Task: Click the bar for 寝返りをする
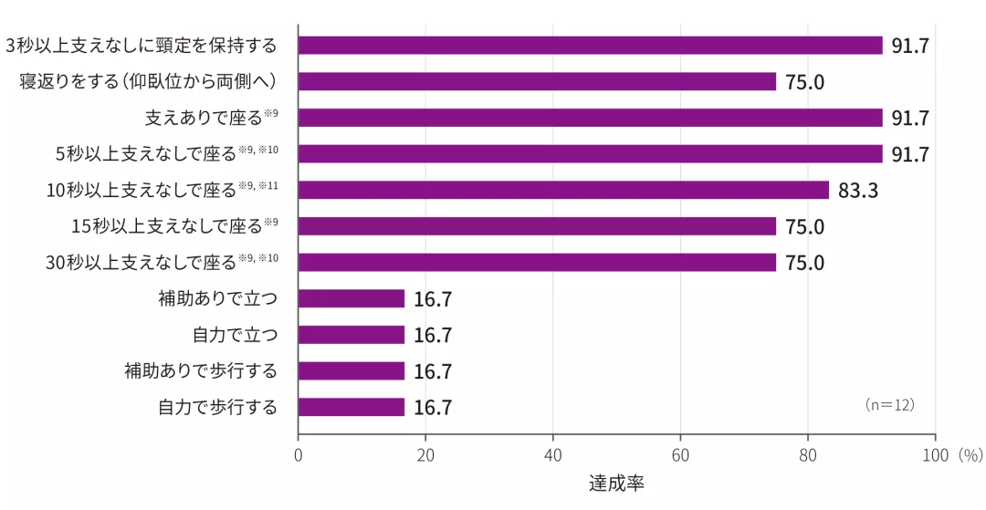tap(537, 81)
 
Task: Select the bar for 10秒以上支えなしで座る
tap(563, 190)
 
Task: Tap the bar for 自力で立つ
tap(351, 335)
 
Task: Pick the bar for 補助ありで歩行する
tap(351, 371)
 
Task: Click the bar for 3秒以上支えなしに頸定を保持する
tap(590, 46)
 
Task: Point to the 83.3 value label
tap(857, 191)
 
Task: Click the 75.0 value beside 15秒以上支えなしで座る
tap(804, 226)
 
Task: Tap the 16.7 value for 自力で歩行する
tap(433, 408)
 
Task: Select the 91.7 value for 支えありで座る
tap(910, 118)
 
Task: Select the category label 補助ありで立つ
tap(217, 298)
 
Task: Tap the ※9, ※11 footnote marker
tap(258, 185)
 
